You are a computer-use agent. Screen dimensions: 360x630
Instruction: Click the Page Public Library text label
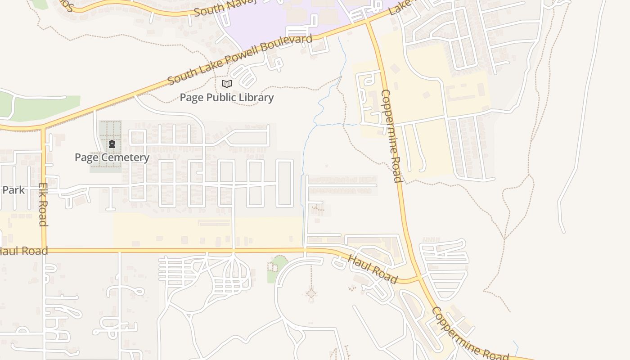tap(227, 97)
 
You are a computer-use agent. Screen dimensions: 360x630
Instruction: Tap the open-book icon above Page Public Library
tap(227, 84)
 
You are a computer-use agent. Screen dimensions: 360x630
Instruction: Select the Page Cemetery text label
tap(112, 157)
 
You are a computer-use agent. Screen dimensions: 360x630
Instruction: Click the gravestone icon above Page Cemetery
tap(112, 144)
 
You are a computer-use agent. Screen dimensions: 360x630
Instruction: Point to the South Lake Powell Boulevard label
tap(240, 59)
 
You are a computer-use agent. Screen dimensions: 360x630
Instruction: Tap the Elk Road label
tap(43, 204)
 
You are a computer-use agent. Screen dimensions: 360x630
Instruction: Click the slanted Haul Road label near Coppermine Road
tap(373, 270)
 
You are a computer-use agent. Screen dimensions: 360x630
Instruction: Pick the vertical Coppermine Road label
tap(391, 136)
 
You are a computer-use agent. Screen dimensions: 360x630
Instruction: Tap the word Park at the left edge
tap(13, 189)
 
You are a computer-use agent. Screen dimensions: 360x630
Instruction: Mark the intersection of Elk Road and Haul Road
tap(44, 250)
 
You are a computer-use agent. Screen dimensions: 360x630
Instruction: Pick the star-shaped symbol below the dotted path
tap(311, 294)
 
